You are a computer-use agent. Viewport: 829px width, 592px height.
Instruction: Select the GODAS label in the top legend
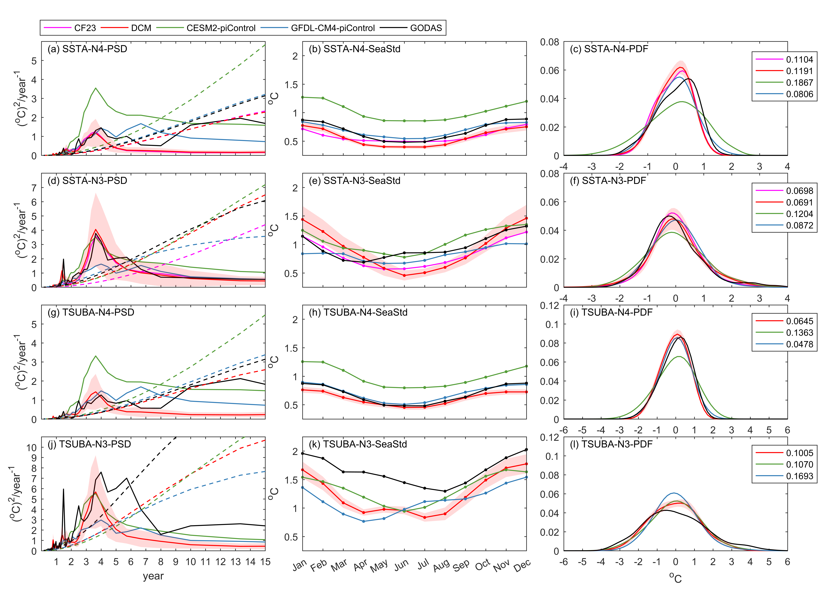point(426,28)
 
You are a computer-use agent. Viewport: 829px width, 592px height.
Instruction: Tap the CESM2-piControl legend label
point(221,28)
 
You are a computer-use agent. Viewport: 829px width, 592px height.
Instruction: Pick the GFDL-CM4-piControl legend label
point(332,28)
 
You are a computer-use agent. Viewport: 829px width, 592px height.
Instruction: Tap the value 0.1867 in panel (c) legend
point(799,83)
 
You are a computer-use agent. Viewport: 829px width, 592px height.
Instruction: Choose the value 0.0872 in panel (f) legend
point(799,226)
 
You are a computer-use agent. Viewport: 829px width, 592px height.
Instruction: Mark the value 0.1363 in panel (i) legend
point(799,333)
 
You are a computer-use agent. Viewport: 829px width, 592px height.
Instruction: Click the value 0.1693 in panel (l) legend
point(799,476)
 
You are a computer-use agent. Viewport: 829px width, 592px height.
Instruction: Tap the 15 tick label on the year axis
point(265,562)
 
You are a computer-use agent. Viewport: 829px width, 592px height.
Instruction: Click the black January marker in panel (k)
point(303,453)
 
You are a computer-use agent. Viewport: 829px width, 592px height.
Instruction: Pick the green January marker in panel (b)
point(303,97)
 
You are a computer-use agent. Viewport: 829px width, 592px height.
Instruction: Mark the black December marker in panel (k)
point(526,449)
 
